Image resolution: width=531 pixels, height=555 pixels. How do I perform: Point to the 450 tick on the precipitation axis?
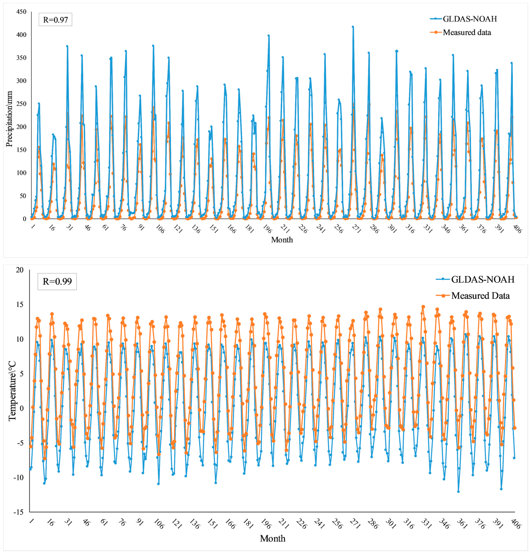click(x=22, y=12)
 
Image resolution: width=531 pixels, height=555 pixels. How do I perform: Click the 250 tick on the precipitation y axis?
click(x=22, y=104)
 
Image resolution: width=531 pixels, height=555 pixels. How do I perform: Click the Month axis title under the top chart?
click(x=282, y=240)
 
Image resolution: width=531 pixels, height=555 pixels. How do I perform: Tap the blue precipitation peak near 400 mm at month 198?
click(x=269, y=36)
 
